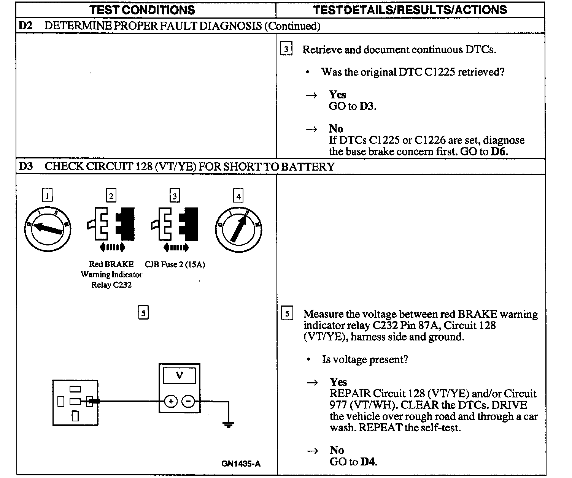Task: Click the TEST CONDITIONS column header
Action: pos(143,10)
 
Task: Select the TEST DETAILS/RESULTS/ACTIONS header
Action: pos(410,10)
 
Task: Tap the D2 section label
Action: pos(25,26)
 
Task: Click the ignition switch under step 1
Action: pos(48,229)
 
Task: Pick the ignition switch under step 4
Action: pos(238,229)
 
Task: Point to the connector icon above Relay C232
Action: pos(111,224)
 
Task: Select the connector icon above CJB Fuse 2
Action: pos(175,224)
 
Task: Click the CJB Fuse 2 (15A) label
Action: pos(175,264)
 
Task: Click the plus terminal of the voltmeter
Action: pos(171,401)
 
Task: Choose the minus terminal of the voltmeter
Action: pos(188,401)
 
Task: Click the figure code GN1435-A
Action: pos(241,464)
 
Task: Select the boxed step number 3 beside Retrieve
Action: pos(286,49)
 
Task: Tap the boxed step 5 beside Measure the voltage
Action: pos(287,314)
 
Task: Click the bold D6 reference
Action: pos(499,151)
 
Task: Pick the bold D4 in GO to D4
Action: pos(367,462)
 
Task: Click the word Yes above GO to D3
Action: pos(337,94)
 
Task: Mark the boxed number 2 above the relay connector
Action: pos(111,196)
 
